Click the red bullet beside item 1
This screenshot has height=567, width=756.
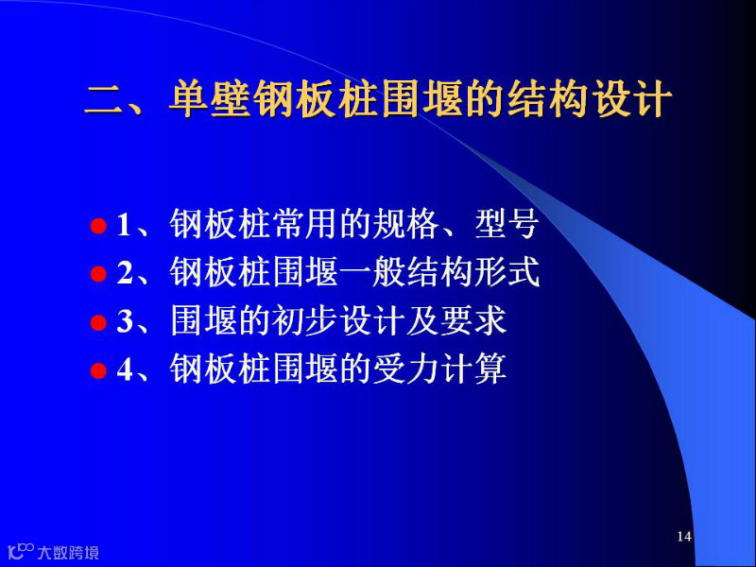(x=98, y=226)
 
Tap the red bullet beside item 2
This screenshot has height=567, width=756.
(x=98, y=274)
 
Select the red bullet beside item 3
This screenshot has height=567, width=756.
(x=98, y=322)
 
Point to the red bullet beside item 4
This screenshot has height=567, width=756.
(x=98, y=370)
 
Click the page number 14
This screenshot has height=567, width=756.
(x=684, y=536)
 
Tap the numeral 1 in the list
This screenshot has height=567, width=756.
(x=124, y=225)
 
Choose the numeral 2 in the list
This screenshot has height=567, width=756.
(x=125, y=273)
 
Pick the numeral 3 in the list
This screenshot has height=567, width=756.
(x=125, y=321)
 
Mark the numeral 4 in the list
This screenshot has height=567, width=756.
(x=125, y=369)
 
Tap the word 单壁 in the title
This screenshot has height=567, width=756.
(x=210, y=100)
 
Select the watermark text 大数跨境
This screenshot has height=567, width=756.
(x=68, y=552)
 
